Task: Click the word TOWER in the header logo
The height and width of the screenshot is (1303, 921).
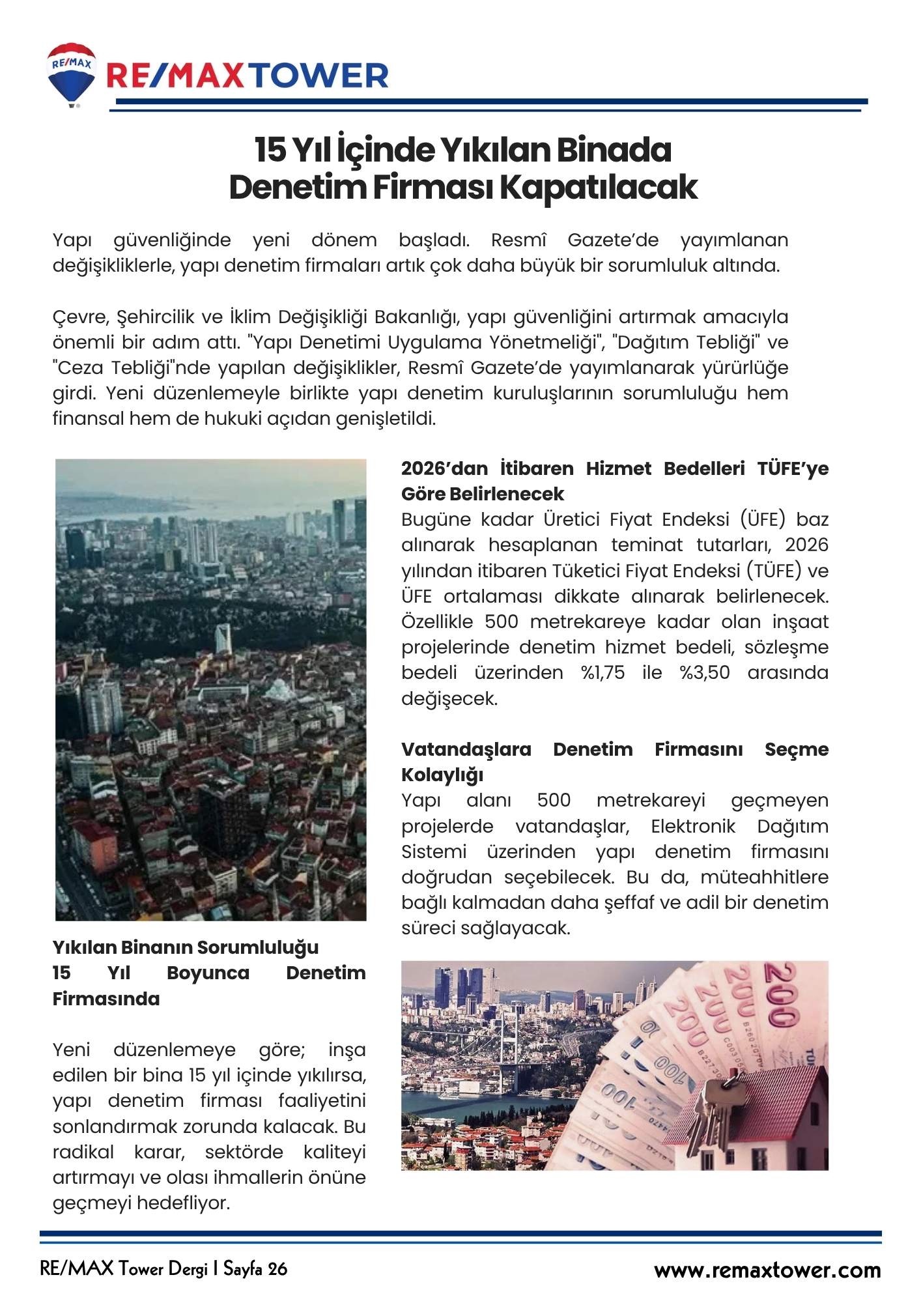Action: click(319, 77)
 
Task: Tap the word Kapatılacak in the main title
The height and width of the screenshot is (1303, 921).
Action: click(597, 187)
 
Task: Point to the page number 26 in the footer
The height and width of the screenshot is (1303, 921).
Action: click(276, 1268)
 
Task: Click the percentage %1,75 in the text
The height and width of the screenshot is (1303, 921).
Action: click(602, 672)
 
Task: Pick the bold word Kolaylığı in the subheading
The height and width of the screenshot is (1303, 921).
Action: click(442, 775)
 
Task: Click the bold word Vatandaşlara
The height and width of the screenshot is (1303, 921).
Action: click(466, 749)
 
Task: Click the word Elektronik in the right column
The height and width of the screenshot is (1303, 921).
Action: click(693, 826)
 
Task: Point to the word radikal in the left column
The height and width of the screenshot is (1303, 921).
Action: click(83, 1152)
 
